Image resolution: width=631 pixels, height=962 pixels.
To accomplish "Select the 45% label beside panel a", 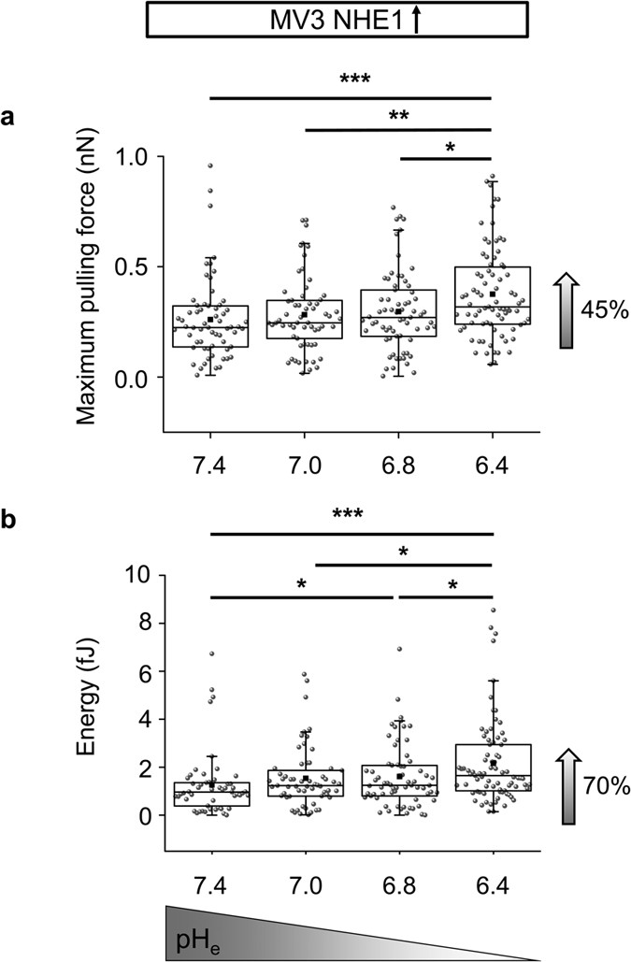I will point(594,311).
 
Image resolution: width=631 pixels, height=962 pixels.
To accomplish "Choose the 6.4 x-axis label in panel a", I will point(493,465).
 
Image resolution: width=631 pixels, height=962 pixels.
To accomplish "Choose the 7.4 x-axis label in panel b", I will point(211,884).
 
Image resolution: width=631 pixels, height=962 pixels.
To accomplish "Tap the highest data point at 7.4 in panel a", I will point(210,165).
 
